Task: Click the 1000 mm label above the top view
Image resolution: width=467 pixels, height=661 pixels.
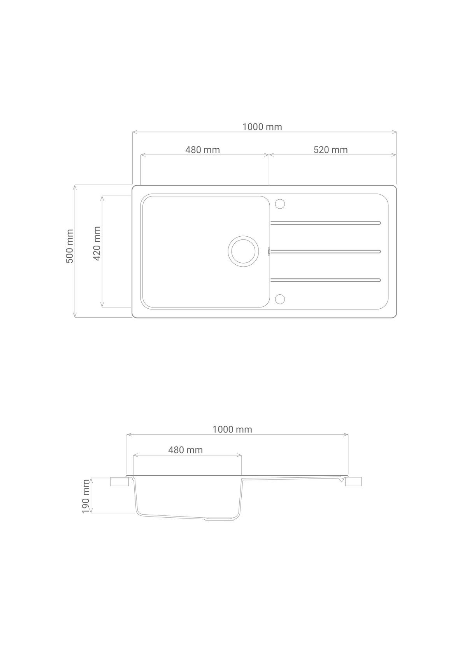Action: tap(262, 127)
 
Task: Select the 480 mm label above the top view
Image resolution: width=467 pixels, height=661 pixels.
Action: tap(202, 150)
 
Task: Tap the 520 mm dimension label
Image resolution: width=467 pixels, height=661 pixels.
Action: tap(330, 150)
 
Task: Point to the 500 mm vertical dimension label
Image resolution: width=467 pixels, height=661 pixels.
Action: tap(70, 246)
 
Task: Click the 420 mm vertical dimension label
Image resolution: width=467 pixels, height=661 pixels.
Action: tap(97, 243)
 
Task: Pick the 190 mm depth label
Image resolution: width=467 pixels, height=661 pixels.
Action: tap(86, 496)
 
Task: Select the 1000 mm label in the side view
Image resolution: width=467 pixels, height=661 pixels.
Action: tap(232, 429)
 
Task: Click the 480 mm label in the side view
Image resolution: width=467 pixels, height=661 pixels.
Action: tap(185, 450)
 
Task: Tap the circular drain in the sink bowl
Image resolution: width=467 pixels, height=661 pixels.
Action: tap(243, 251)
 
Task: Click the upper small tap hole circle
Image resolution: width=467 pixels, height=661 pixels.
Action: tap(280, 204)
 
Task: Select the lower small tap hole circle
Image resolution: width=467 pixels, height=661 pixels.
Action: tap(280, 299)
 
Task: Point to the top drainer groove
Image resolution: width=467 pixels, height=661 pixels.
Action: tap(325, 223)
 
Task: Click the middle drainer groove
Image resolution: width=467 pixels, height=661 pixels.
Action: tap(325, 251)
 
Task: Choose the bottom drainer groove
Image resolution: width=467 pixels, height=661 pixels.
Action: tap(325, 280)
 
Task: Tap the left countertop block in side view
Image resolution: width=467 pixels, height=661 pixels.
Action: tap(119, 482)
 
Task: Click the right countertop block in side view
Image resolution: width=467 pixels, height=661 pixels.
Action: tap(353, 482)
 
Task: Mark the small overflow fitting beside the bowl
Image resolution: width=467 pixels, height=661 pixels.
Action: tap(269, 251)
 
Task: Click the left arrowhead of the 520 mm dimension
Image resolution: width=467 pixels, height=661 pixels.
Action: tap(271, 155)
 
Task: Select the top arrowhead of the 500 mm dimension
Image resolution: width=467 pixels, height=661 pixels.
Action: tap(74, 187)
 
